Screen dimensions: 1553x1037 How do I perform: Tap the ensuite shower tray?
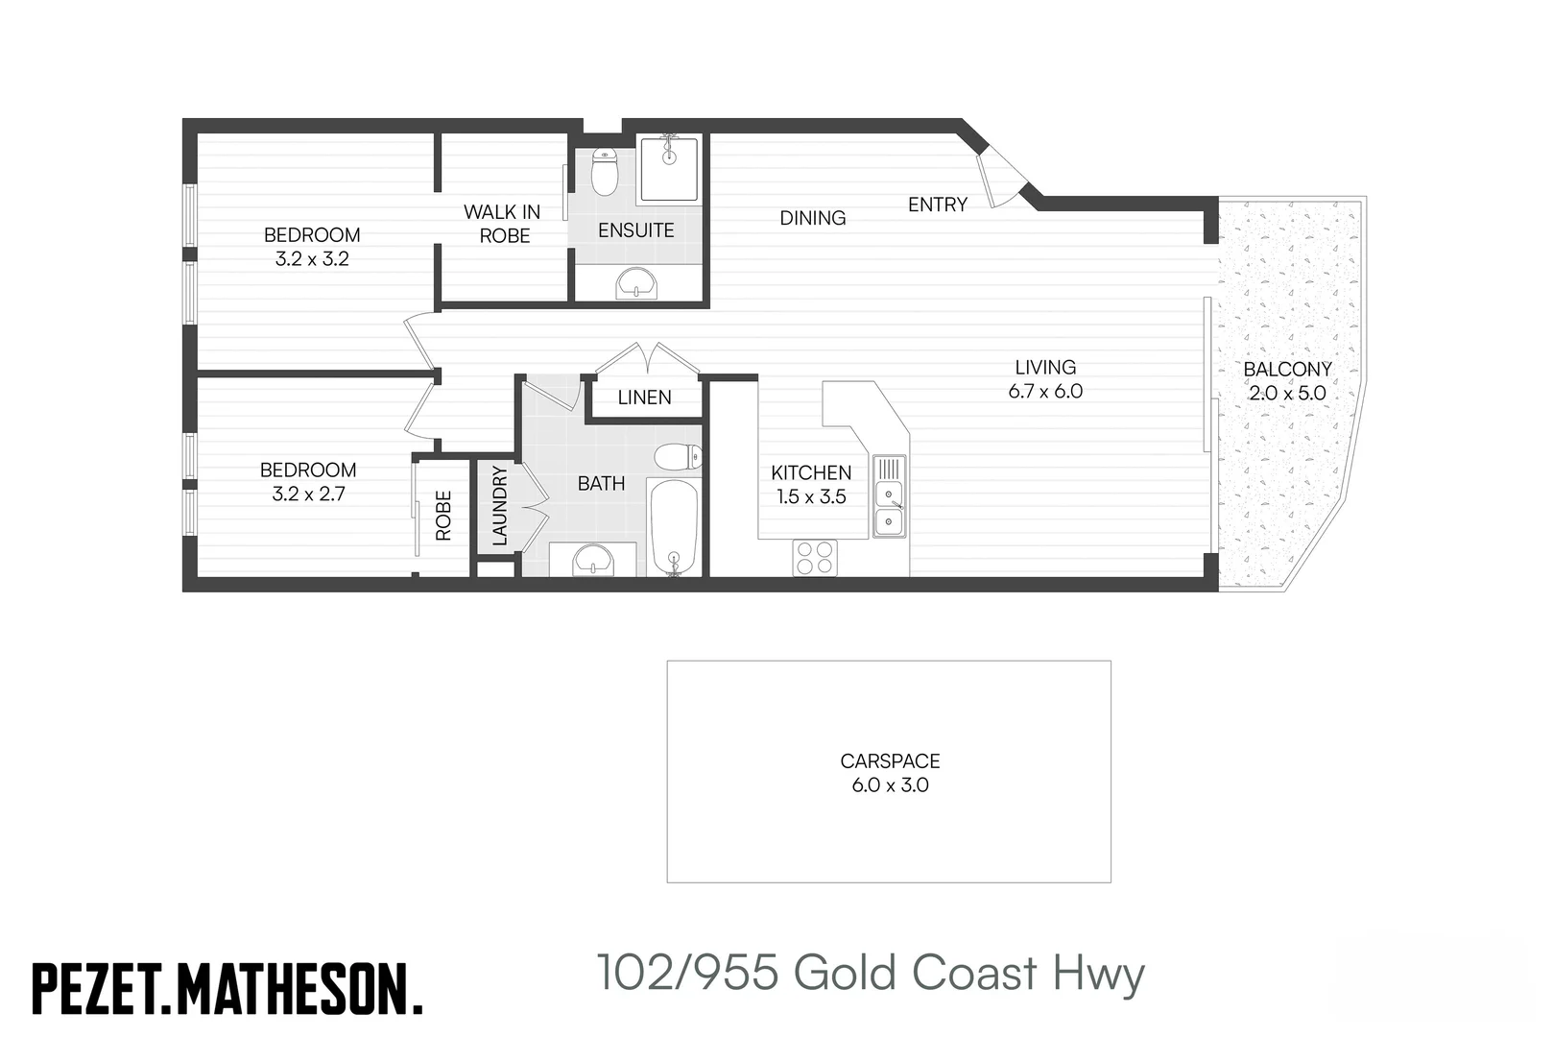point(669,169)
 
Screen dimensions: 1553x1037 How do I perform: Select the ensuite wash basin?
point(636,283)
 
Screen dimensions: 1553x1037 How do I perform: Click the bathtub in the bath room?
point(674,528)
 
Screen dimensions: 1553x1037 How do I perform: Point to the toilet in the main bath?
point(679,456)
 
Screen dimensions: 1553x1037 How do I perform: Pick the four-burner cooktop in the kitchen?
point(815,558)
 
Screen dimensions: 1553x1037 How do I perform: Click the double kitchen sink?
point(889,496)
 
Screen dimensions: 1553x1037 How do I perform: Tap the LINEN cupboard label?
point(645,398)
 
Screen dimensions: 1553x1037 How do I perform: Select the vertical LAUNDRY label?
point(500,506)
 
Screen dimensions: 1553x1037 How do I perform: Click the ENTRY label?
point(938,205)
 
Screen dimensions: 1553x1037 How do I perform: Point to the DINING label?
point(813,218)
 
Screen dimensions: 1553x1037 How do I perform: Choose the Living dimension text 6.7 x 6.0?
point(1045,391)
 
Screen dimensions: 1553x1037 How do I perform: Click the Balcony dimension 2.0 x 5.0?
point(1287,394)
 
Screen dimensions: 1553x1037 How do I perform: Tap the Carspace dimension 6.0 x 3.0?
point(890,785)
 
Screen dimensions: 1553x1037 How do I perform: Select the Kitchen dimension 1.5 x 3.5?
point(811,496)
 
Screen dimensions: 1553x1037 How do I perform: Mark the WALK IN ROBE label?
point(503,224)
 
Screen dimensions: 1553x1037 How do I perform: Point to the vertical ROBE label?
point(443,516)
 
